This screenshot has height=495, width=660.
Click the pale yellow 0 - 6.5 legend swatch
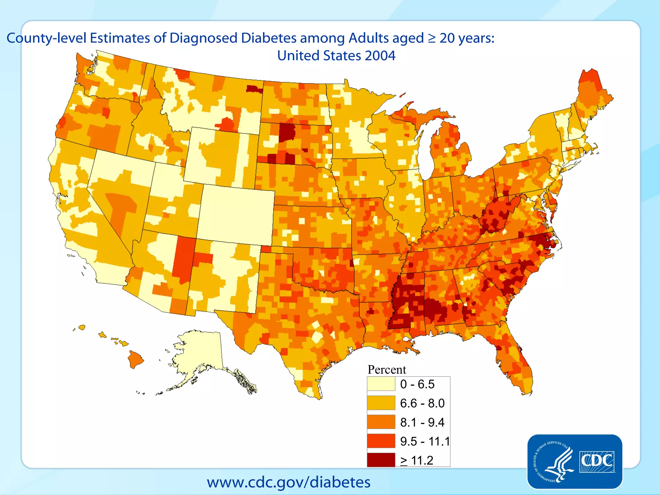pos(381,384)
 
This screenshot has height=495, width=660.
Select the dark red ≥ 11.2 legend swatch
pos(381,460)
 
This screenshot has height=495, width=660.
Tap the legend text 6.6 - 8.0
pos(422,403)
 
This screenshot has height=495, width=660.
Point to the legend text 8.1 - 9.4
pos(422,422)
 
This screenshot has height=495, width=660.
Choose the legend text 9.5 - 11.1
pos(425,441)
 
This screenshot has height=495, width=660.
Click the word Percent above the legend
pos(387,369)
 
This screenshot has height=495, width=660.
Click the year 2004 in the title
pos(380,55)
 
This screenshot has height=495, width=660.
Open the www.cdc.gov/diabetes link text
pos(288,482)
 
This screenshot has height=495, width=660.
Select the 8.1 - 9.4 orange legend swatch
pos(381,422)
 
